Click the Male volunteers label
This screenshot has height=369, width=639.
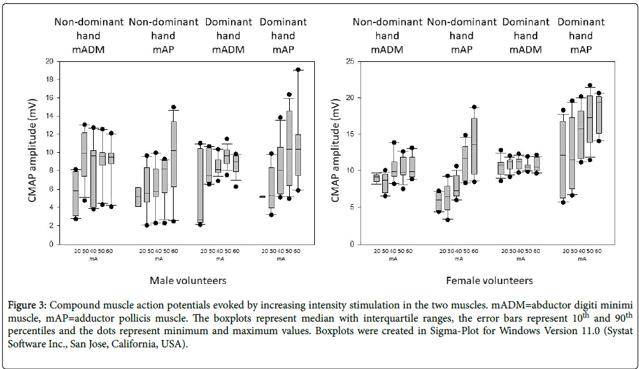[x=187, y=281]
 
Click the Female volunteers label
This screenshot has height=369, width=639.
[x=489, y=281]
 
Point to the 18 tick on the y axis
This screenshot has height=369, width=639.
[x=50, y=79]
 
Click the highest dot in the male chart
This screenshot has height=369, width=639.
[x=298, y=69]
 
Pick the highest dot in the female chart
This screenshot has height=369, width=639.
[x=590, y=86]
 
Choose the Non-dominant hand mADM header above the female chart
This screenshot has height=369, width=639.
[x=387, y=36]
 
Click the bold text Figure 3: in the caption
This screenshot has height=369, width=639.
[x=27, y=305]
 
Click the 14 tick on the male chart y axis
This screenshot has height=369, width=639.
[x=50, y=116]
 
